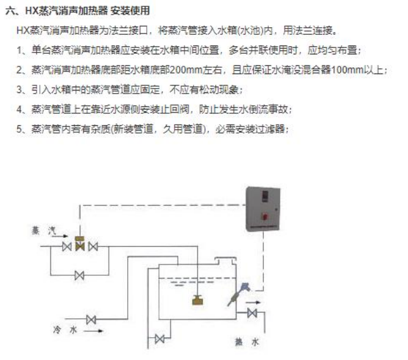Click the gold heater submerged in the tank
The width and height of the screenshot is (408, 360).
tap(199, 301)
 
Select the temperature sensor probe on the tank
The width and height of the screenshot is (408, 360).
tap(240, 292)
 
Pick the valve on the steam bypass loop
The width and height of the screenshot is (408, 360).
tap(80, 275)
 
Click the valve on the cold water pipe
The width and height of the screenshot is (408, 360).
tap(91, 320)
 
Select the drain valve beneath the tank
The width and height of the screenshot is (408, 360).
tap(159, 339)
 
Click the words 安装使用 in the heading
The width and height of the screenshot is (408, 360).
tap(131, 11)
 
